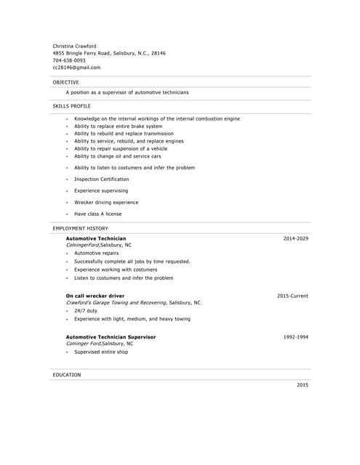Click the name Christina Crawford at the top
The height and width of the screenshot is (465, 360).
click(x=74, y=46)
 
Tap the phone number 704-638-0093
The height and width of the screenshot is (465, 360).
click(x=68, y=60)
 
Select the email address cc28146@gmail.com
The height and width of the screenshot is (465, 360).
click(x=76, y=68)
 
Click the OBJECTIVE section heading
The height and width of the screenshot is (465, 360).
click(x=65, y=82)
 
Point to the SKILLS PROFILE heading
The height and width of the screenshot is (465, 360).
click(x=71, y=106)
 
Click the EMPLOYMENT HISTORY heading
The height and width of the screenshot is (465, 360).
click(x=80, y=228)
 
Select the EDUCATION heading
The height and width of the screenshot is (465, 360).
click(x=67, y=375)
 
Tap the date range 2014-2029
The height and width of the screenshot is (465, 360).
click(x=295, y=238)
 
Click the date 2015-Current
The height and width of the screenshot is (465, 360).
click(x=292, y=296)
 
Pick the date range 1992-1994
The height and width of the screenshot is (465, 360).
click(x=295, y=337)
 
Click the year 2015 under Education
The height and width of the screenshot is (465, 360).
click(x=302, y=384)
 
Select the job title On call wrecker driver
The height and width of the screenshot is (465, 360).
click(x=95, y=296)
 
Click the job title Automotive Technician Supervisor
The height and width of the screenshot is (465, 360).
click(x=111, y=337)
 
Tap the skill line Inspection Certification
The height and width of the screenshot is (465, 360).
click(x=101, y=179)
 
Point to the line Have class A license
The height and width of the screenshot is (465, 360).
click(x=97, y=214)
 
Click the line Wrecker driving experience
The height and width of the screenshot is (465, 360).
click(x=105, y=203)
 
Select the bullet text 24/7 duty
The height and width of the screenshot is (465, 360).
click(x=85, y=311)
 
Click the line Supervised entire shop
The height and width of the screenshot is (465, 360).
click(x=100, y=352)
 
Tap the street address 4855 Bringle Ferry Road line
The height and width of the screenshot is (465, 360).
click(x=109, y=53)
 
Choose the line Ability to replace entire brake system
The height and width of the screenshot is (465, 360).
click(x=118, y=126)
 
